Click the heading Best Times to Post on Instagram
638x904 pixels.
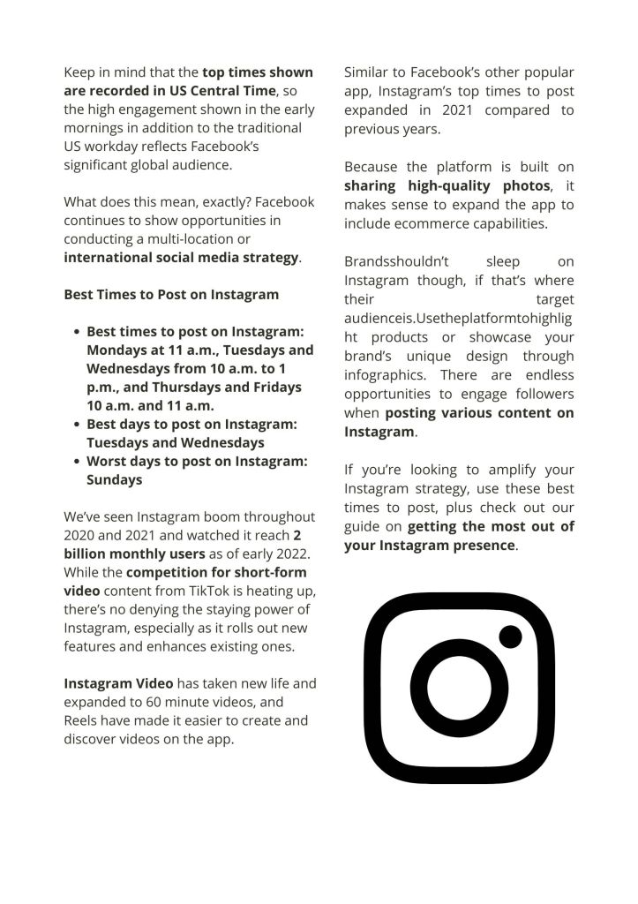(170, 295)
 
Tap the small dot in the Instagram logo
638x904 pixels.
(510, 636)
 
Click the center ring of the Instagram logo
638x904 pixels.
(459, 688)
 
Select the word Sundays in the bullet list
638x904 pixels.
(114, 480)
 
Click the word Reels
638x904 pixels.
(82, 720)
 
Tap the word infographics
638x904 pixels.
(379, 374)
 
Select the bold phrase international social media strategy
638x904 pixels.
(181, 258)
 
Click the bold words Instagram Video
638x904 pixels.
(118, 683)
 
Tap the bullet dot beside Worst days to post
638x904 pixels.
(77, 462)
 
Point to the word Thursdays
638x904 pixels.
(191, 388)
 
